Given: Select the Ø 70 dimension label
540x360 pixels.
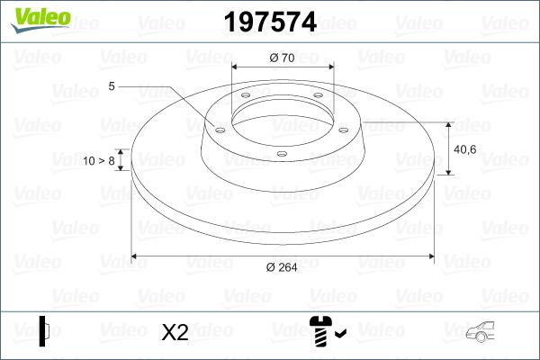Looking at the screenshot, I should click(283, 58).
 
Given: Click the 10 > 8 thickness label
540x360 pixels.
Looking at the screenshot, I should click(98, 160).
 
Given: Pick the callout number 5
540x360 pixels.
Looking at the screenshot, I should click(112, 86).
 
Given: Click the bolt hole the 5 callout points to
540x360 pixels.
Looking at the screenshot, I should click(220, 127).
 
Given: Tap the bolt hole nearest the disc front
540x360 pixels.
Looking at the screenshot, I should click(281, 154).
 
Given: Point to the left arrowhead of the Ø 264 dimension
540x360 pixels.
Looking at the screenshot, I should click(136, 257).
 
